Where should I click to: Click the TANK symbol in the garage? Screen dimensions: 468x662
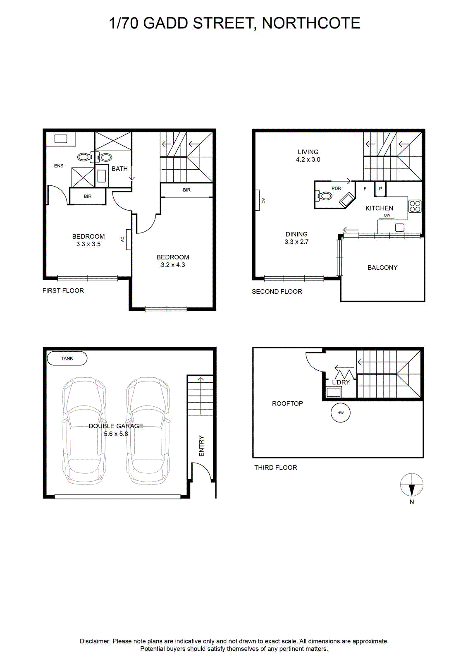coord(67,358)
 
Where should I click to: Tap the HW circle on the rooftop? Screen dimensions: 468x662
coord(340,413)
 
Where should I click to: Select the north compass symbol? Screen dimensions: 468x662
coord(412,485)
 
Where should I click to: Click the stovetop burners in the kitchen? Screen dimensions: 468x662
coord(415,206)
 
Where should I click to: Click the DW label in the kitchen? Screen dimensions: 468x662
coord(387,215)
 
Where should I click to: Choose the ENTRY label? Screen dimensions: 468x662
coord(201,446)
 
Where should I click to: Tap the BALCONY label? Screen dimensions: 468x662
coord(382,267)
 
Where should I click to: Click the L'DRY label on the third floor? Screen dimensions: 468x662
coord(341,382)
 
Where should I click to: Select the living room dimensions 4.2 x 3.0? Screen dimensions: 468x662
coord(308,160)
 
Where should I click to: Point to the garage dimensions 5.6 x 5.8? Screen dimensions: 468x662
coord(116,434)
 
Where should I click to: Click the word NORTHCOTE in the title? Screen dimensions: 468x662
coord(311,23)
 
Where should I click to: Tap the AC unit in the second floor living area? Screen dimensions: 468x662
coord(258,200)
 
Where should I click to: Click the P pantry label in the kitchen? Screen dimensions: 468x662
coord(380,189)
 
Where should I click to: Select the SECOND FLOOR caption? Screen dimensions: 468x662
coord(277,291)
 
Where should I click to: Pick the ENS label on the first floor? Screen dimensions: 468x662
coord(59,166)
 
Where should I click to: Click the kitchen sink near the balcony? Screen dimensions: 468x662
coord(400,228)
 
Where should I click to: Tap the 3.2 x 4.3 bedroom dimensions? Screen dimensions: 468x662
coord(173,265)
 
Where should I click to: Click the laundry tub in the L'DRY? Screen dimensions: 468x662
coord(334,392)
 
